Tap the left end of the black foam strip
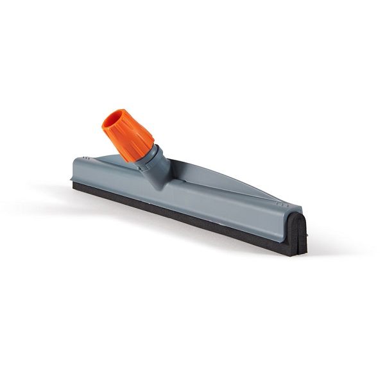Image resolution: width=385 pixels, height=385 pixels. tap(76, 185)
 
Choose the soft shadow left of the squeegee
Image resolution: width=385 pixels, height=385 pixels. tap(45, 193)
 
